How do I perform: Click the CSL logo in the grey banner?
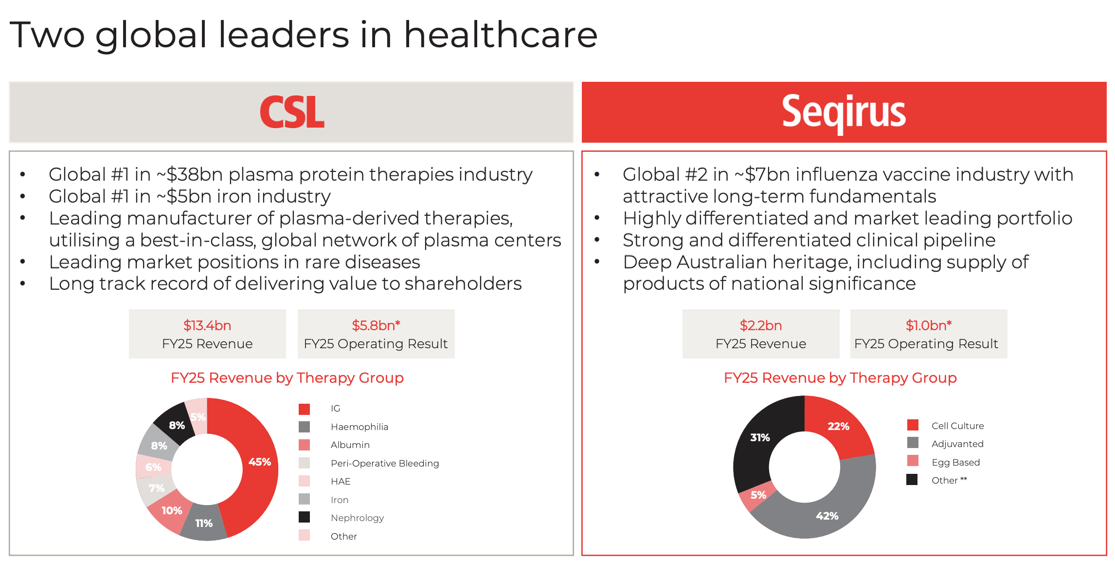tap(292, 112)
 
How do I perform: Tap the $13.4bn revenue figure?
tap(207, 325)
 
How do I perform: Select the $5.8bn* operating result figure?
tap(376, 325)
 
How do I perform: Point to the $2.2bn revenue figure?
tap(761, 325)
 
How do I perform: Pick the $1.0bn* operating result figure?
tap(929, 325)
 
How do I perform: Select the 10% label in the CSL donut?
tap(172, 510)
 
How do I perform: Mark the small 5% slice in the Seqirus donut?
tap(757, 496)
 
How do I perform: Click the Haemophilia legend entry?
tap(360, 427)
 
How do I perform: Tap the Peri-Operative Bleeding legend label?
tap(385, 464)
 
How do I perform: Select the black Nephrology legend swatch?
tap(304, 517)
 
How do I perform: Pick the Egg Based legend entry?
tap(955, 462)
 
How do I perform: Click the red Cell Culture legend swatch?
tap(913, 425)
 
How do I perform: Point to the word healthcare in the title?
tap(501, 35)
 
